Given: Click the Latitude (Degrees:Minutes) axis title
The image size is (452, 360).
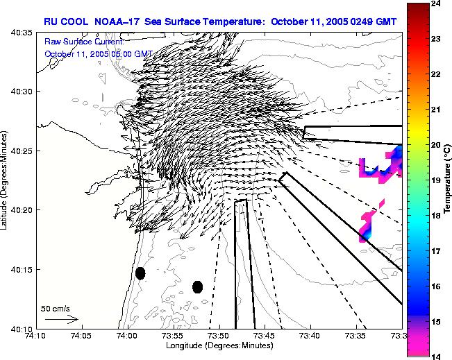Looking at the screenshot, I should click(5, 180).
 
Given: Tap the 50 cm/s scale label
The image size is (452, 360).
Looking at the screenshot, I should click(55, 308).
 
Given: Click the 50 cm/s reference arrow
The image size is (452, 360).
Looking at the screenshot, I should click(62, 320).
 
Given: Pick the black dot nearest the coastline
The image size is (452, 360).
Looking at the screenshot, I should click(140, 273).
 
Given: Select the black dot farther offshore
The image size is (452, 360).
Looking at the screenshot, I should click(197, 287).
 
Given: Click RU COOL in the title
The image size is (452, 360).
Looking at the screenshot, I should click(65, 22).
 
